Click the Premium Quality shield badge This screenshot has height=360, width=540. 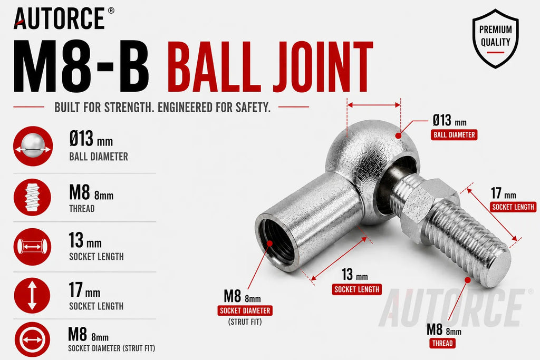pyautogui.click(x=495, y=38)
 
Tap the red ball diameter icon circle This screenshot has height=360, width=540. pyautogui.click(x=33, y=146)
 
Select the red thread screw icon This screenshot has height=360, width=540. pyautogui.click(x=32, y=197)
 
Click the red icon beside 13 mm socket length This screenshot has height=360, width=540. pyautogui.click(x=32, y=247)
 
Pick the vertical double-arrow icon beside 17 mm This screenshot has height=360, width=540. pyautogui.click(x=32, y=296)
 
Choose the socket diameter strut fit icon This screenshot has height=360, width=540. pyautogui.click(x=32, y=339)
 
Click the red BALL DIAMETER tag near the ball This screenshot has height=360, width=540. pyautogui.click(x=454, y=135)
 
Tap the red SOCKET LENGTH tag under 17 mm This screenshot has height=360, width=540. pyautogui.click(x=513, y=207)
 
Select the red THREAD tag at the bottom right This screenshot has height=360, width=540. pyautogui.click(x=442, y=343)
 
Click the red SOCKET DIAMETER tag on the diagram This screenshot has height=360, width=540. pyautogui.click(x=245, y=310)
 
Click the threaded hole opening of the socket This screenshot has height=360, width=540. pyautogui.click(x=276, y=242)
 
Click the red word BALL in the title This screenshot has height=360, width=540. pyautogui.click(x=214, y=67)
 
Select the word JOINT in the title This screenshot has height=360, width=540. pyautogui.click(x=323, y=67)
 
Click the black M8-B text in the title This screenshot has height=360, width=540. pyautogui.click(x=82, y=66)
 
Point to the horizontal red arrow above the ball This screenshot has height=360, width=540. pyautogui.click(x=374, y=105)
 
